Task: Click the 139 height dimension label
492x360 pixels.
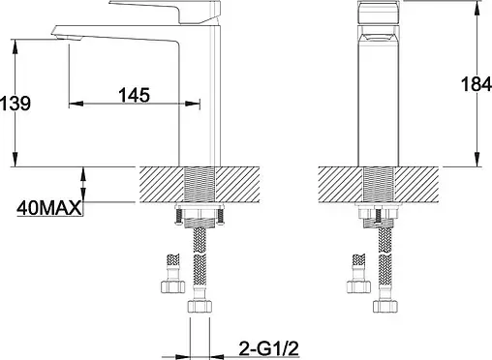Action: point(15,104)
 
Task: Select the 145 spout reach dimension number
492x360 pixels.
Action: point(135,95)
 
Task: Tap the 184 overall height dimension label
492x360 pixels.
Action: point(477,84)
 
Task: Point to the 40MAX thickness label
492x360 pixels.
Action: point(49,208)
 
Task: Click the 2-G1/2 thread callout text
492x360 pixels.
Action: point(269,348)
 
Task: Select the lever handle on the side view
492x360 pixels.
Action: point(165,12)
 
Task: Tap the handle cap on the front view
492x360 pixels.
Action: point(379,12)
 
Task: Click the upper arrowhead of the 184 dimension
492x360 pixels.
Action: point(477,8)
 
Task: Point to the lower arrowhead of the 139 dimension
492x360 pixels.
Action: point(15,160)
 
